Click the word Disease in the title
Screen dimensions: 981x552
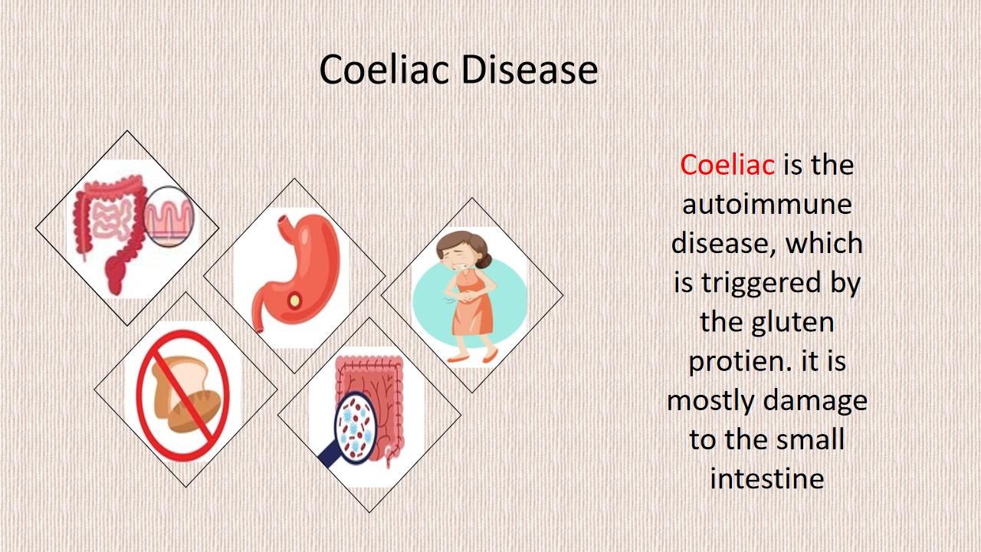point(530,69)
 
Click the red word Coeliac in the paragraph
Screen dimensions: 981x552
point(727,165)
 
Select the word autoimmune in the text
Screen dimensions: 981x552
point(767,204)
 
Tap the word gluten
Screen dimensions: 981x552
point(792,323)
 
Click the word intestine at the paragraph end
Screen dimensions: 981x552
point(767,478)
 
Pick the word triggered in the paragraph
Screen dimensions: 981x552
point(762,283)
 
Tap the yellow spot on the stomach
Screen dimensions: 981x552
point(295,301)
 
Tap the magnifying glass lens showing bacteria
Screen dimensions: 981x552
point(355,428)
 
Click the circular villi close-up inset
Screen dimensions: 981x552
point(169,216)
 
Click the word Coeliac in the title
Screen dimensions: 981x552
point(385,69)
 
